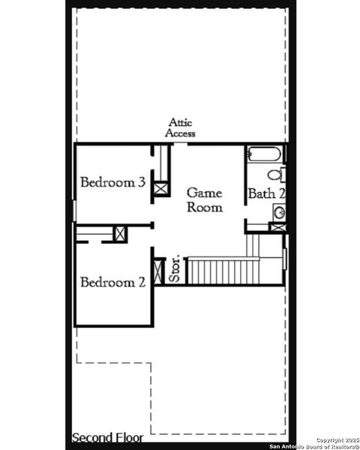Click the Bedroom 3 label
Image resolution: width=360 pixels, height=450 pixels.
pos(112,181)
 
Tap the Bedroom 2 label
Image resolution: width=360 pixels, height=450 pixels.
pos(112,282)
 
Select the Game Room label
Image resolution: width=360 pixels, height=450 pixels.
pos(204,200)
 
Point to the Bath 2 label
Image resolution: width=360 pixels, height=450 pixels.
pos(266,193)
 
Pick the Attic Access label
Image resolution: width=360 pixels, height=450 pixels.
pos(181,127)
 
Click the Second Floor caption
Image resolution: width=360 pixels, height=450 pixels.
pos(107,437)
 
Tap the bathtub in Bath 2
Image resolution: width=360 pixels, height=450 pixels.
pos(263,155)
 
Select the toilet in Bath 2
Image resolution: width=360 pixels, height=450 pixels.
pos(275,175)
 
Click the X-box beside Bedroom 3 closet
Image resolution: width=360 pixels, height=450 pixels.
pos(160,187)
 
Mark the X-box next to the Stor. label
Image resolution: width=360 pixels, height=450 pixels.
pos(158,270)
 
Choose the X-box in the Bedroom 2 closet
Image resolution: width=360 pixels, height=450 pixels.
pos(120,233)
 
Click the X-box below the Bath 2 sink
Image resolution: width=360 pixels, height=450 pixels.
pos(277,227)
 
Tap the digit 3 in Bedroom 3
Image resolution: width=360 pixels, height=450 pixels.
pos(141,181)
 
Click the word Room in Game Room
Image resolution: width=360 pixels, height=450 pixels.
pos(204,208)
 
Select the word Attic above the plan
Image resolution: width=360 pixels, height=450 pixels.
pos(181,121)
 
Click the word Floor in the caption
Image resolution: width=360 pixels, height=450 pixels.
pos(127,437)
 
